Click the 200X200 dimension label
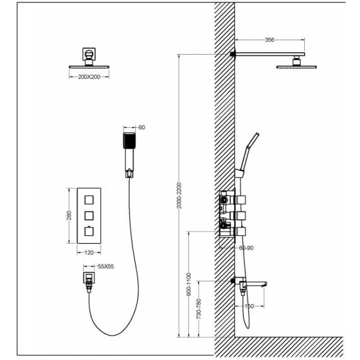click(x=90, y=77)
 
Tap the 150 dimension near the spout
click(x=250, y=307)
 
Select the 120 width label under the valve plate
click(x=89, y=253)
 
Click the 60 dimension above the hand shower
click(x=142, y=128)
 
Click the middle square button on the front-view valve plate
click(x=89, y=214)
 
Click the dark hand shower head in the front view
click(x=130, y=142)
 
